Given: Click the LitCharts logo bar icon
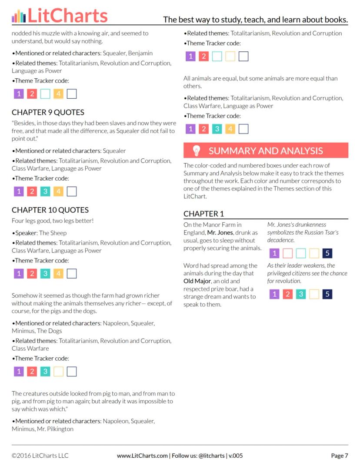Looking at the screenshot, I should pos(19,16).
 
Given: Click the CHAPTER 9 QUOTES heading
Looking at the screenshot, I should pos(48,112).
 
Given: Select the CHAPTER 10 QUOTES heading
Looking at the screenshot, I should pos(50,210).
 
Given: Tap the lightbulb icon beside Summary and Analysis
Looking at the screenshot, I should pos(197,151).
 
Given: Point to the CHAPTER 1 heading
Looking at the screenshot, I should pos(203,214).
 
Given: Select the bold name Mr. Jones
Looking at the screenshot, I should pos(220,232).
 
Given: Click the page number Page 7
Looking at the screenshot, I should pos(339,456).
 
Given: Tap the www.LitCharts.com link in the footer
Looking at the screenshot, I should pos(142,456).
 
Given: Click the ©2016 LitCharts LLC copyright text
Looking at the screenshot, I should pos(40,456).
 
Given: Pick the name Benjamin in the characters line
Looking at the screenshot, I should pos(140,53).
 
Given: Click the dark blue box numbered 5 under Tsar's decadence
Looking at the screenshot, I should pos(327,253).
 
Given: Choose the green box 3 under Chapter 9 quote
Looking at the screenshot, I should pos(45,191).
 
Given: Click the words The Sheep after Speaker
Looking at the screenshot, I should pos(53,233).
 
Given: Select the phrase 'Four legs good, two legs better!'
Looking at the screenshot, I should pos(53,221).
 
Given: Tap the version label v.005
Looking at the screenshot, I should pos(235,456).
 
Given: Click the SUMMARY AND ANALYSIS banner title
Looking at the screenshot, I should pos(266,151).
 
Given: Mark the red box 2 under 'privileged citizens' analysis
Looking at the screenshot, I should pos(287,294).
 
